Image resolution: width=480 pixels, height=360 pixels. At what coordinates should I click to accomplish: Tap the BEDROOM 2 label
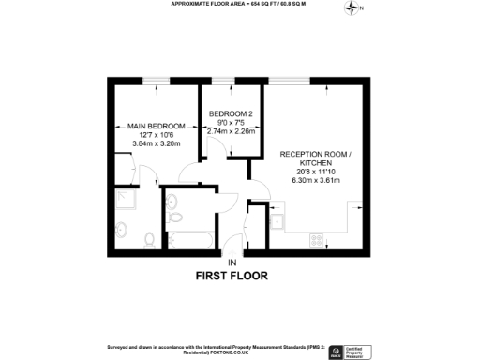click(x=230, y=113)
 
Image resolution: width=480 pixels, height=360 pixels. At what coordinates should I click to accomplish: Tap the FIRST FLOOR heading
click(x=231, y=276)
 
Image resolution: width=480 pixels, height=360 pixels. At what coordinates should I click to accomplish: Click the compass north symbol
click(x=352, y=9)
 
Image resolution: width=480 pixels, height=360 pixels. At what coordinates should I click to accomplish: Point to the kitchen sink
click(x=280, y=220)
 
